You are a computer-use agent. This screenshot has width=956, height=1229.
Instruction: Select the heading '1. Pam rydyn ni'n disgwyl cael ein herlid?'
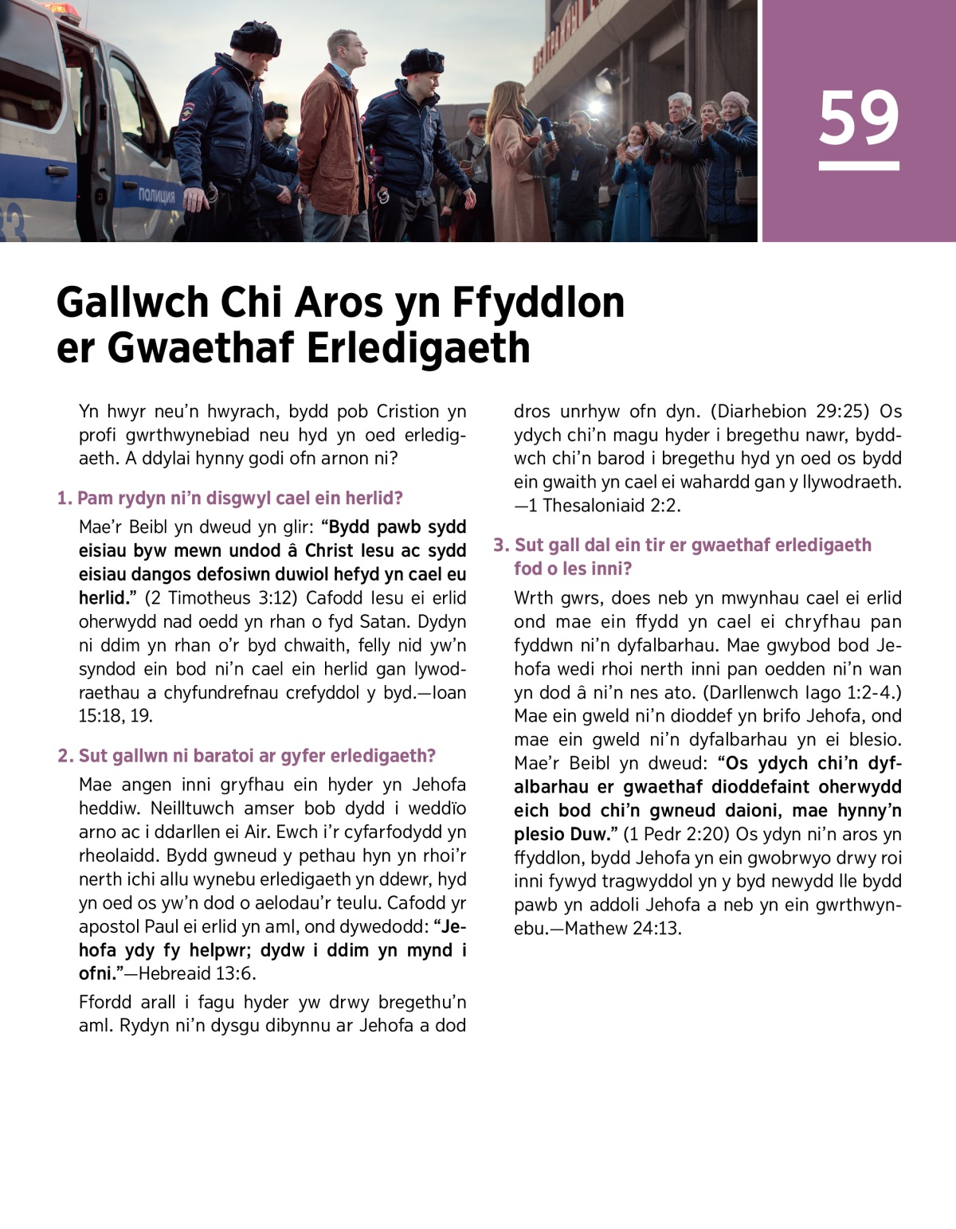point(229,499)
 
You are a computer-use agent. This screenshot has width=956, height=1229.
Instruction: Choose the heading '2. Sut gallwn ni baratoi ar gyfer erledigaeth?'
point(246,756)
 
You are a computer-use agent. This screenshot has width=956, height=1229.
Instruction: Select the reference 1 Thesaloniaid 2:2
point(611,506)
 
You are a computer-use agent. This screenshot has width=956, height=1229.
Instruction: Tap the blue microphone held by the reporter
point(547,128)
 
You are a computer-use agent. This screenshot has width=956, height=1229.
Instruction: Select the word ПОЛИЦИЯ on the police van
point(156,196)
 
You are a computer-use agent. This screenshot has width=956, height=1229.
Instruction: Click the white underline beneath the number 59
point(859,166)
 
